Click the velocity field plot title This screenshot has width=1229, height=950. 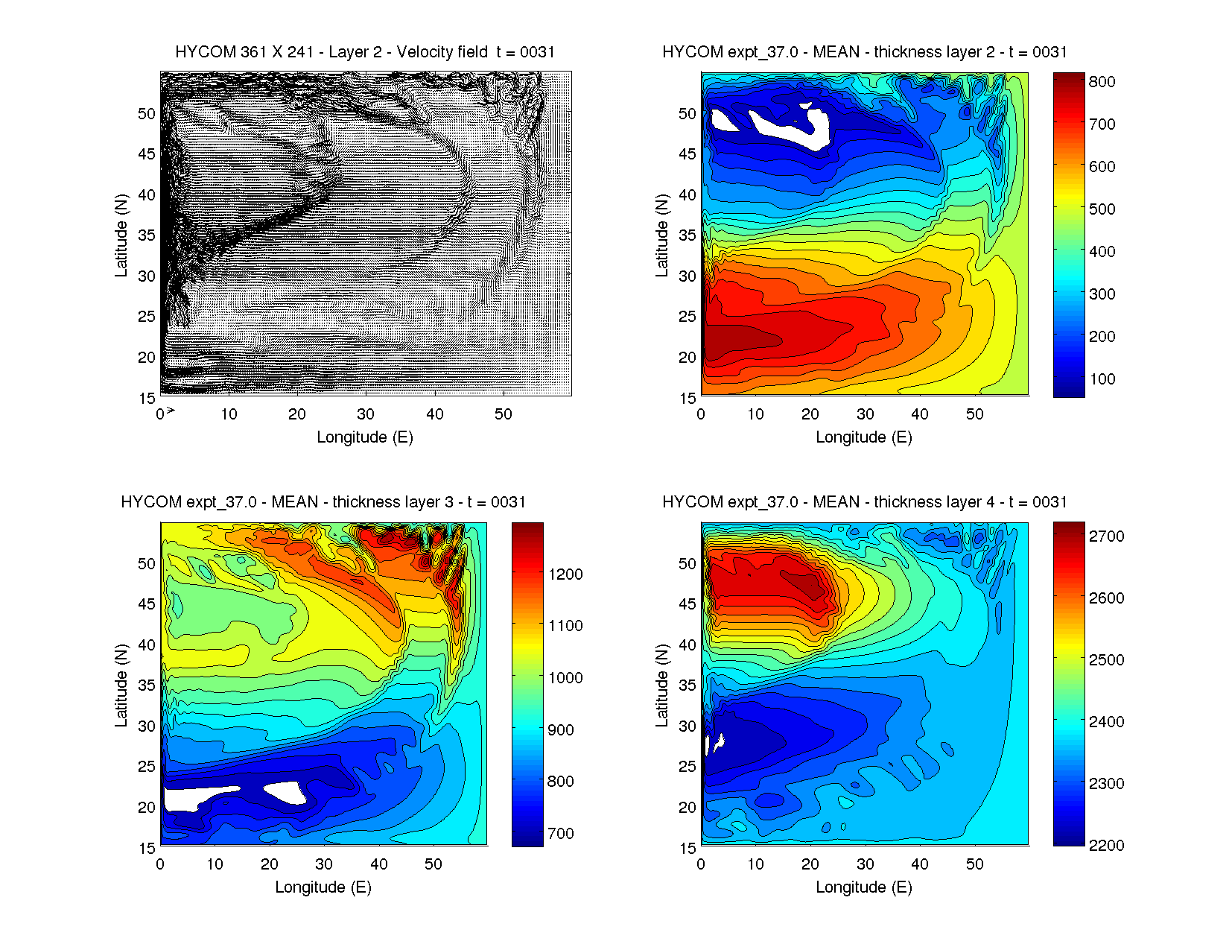(x=365, y=52)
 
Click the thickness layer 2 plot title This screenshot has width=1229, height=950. (x=865, y=52)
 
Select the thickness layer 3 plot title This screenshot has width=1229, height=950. (x=323, y=502)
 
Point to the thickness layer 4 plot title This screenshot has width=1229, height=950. (x=865, y=502)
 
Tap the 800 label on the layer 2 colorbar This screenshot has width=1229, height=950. (x=1102, y=82)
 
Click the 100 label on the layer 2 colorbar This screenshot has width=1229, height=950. (x=1102, y=379)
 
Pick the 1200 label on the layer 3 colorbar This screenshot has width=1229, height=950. (x=565, y=574)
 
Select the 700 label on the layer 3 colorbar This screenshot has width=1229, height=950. (x=561, y=834)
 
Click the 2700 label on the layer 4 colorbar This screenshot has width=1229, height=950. (x=1106, y=536)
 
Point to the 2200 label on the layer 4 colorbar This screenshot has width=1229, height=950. (x=1106, y=846)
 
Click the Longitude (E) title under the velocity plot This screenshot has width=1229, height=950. (x=365, y=437)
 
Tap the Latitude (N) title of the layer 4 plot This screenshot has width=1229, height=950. (x=661, y=685)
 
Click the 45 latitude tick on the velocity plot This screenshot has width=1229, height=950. (x=147, y=154)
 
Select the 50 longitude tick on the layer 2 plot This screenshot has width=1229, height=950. (x=974, y=414)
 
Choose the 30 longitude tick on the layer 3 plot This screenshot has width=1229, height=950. (x=324, y=864)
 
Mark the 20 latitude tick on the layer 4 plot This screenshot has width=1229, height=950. (x=687, y=808)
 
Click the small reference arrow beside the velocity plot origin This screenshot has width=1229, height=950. (x=171, y=411)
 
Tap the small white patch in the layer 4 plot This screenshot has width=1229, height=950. (x=720, y=742)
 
